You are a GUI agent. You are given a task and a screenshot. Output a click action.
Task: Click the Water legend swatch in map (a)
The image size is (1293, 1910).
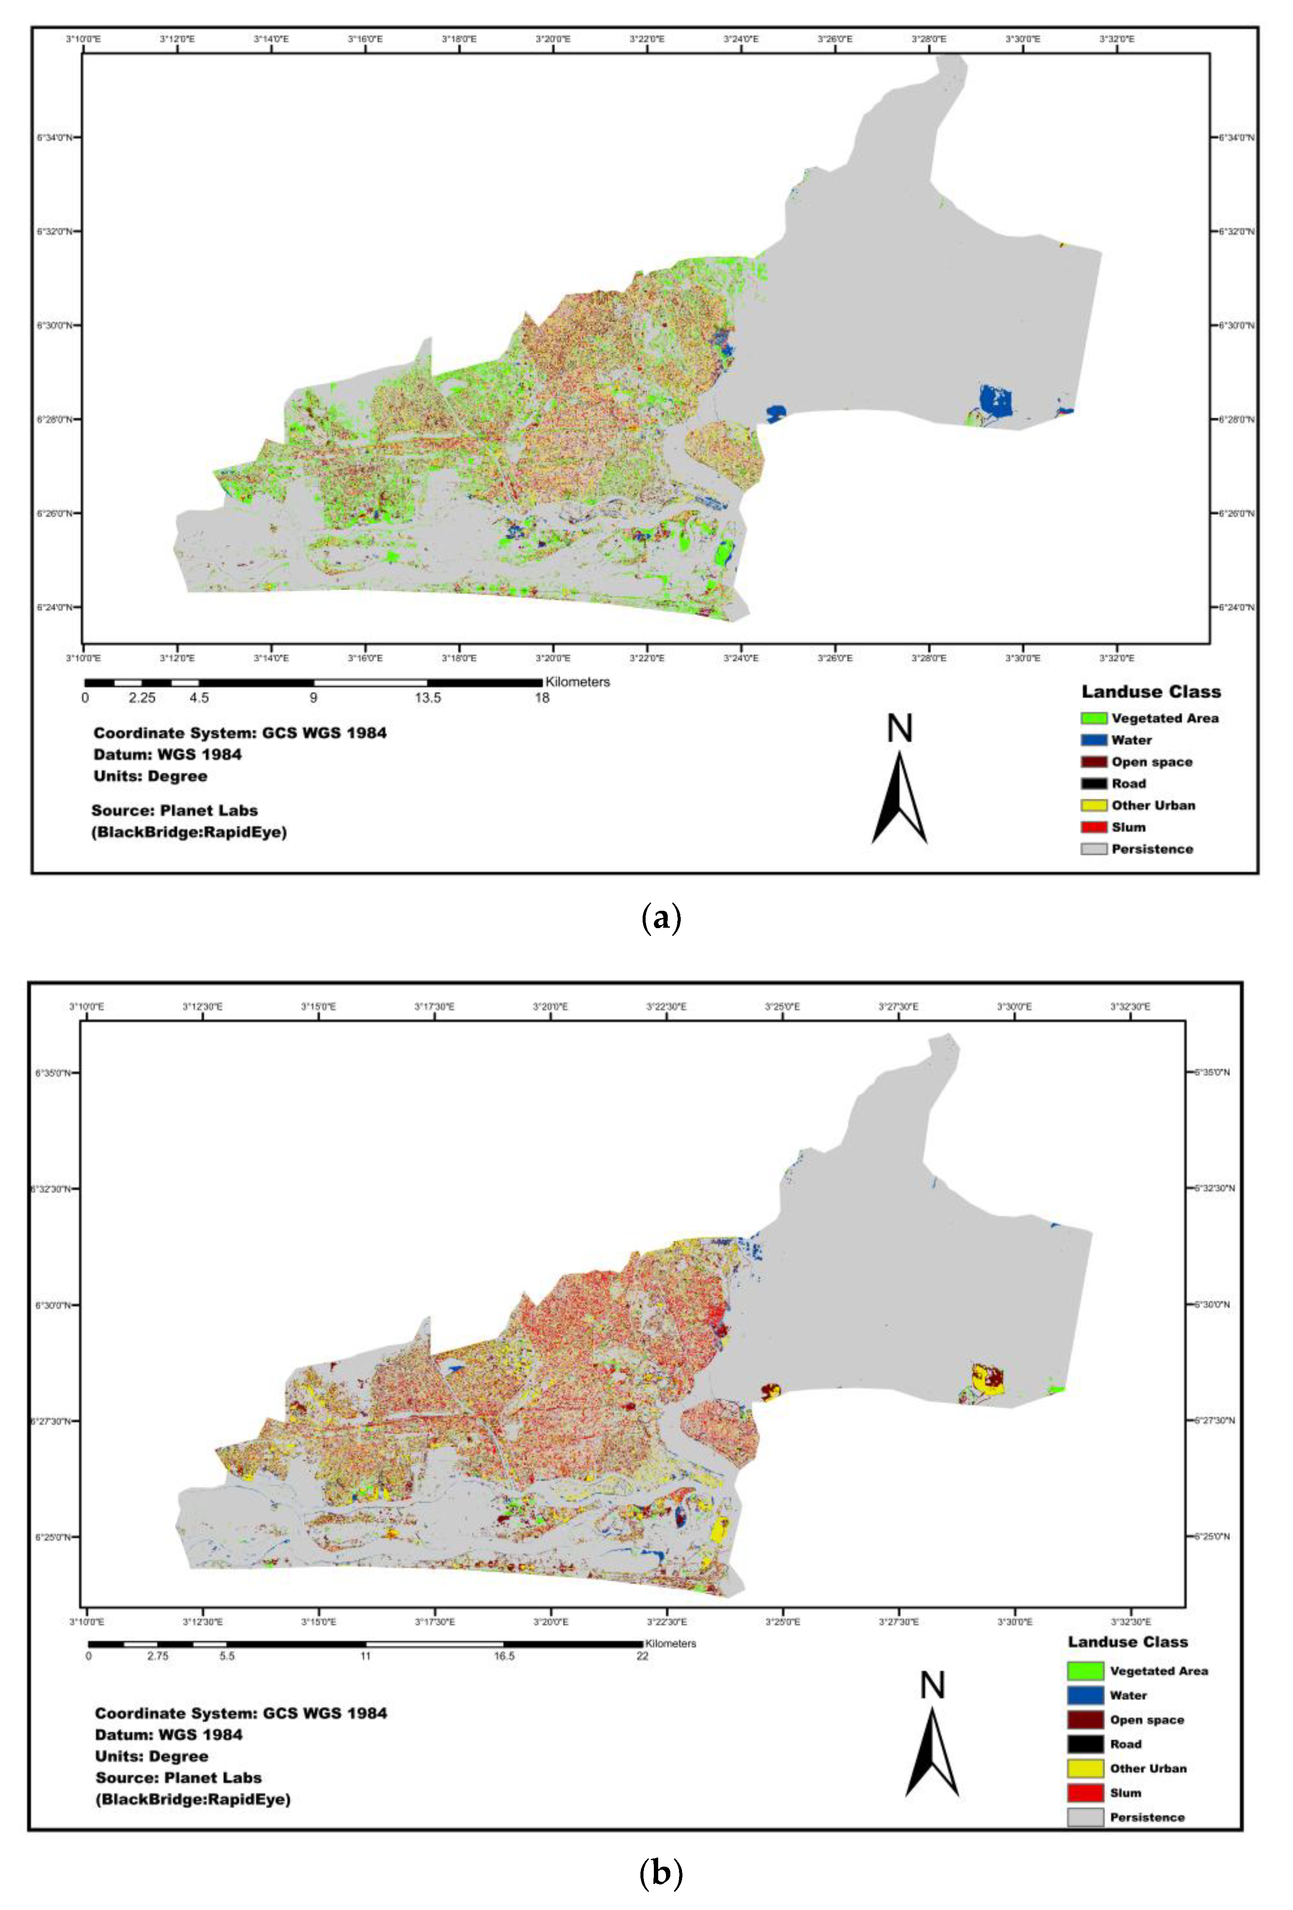click(1093, 740)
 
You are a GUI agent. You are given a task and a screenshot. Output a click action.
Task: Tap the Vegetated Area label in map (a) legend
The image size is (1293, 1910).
click(1165, 718)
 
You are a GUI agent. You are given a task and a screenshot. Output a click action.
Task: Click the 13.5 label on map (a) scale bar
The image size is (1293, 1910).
click(427, 698)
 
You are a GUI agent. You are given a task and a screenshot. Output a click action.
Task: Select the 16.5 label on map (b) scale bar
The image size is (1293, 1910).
click(504, 1656)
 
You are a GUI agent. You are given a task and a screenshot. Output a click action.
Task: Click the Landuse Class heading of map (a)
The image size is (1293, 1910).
click(1151, 692)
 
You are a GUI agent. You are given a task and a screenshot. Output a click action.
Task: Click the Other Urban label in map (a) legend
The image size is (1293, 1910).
click(1153, 806)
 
